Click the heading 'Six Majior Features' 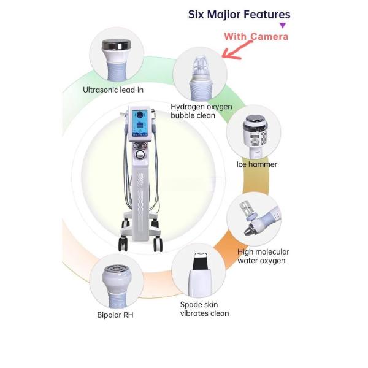coord(239,15)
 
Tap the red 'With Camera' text coord(256,37)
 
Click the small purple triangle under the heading coord(283,25)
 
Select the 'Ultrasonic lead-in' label coord(113,90)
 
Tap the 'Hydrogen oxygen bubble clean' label coord(201,111)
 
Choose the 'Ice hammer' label coord(257,164)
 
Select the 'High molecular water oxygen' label coord(263,256)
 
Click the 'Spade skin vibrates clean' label coord(204,309)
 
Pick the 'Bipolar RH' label coord(115,315)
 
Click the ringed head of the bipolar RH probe coord(117,269)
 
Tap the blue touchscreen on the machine coord(140,123)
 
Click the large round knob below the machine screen coord(140,154)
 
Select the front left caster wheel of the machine coord(123,244)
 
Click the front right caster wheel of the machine coord(158,245)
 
